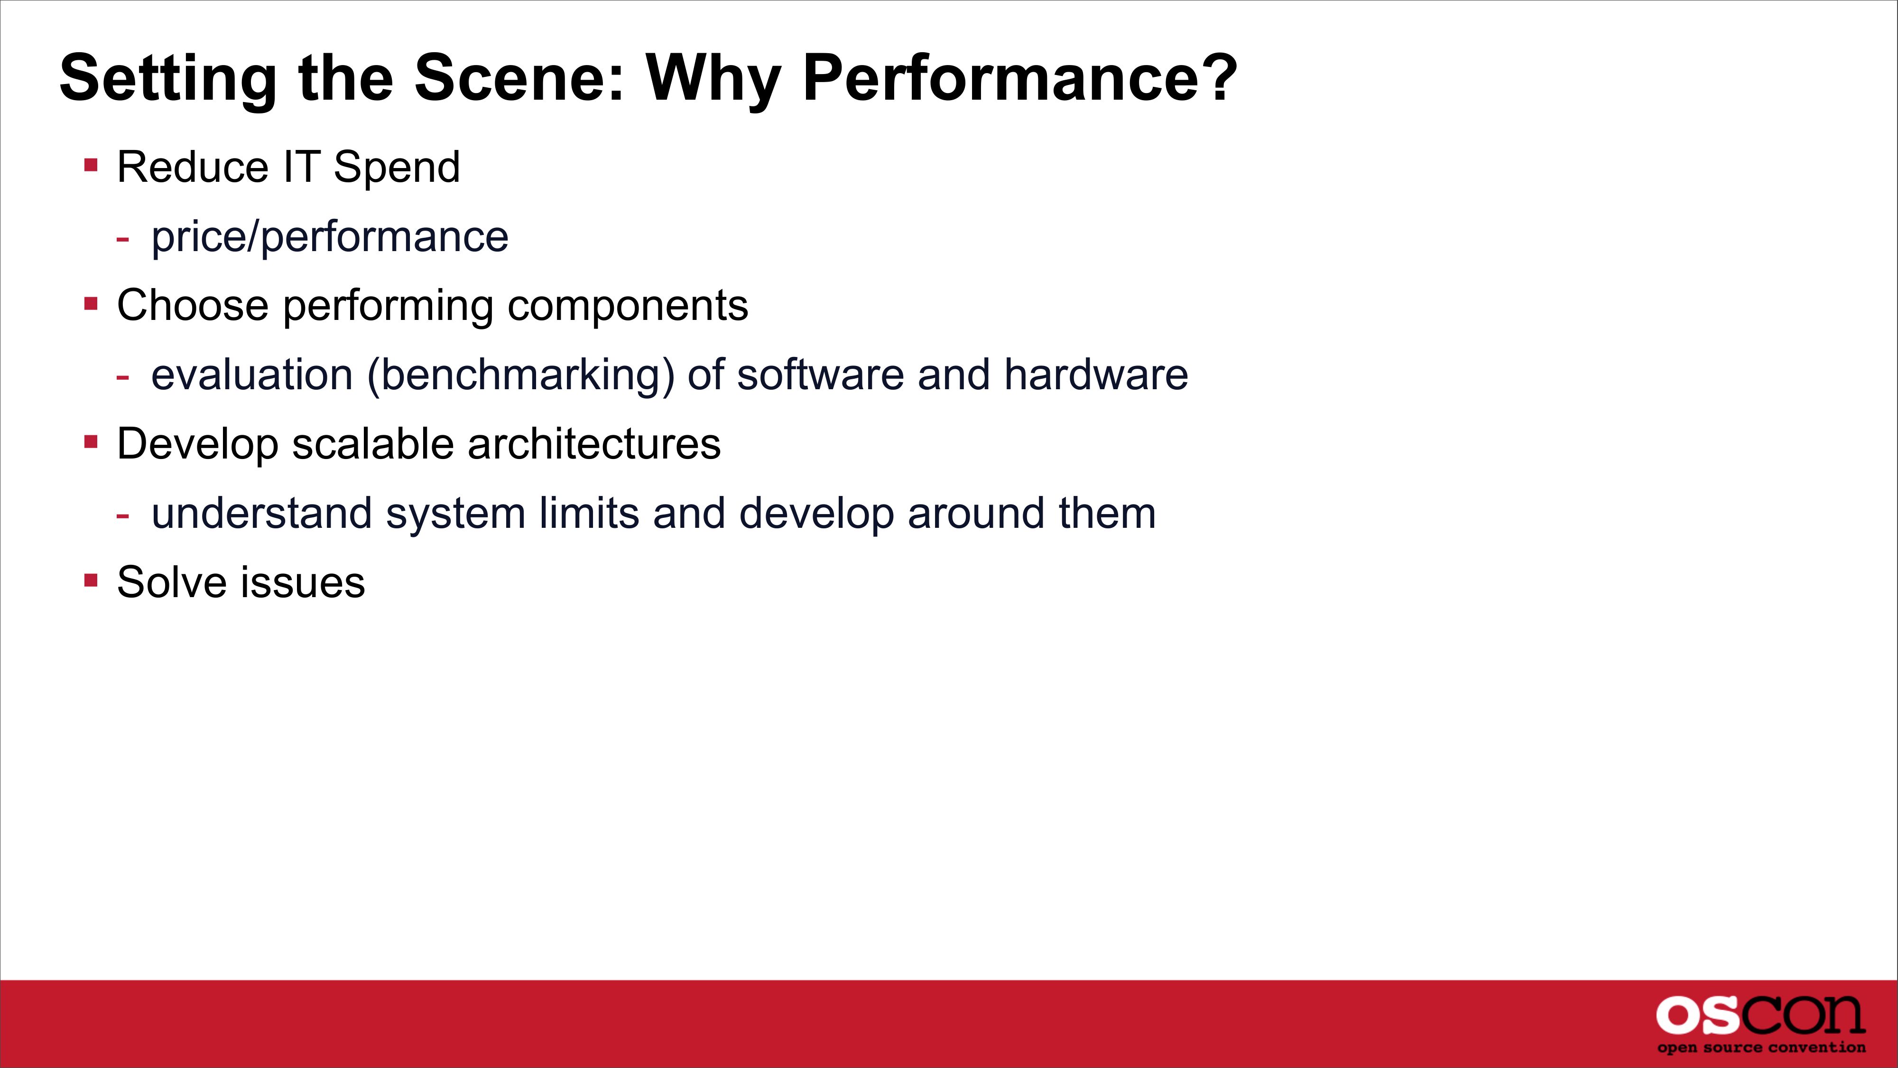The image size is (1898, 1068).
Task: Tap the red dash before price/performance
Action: click(122, 238)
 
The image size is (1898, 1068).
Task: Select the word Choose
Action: click(192, 305)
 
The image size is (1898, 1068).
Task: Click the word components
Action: click(628, 307)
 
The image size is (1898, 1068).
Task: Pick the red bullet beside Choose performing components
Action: click(92, 303)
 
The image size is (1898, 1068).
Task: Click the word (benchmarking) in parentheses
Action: click(521, 375)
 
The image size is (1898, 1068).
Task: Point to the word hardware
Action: click(1096, 375)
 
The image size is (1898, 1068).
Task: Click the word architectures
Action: click(594, 444)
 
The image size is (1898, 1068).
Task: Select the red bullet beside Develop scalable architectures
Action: click(92, 441)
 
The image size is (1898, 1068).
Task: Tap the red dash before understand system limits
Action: click(122, 515)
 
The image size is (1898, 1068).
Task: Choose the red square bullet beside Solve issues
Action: click(92, 580)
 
